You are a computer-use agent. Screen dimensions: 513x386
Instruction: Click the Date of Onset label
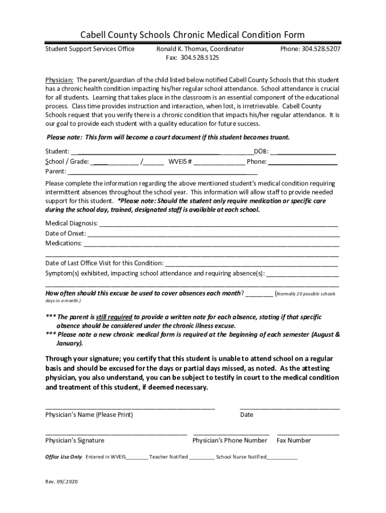(65, 233)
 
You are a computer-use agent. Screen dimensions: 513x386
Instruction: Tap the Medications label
(64, 243)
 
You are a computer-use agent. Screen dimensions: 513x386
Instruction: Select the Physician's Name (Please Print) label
(89, 415)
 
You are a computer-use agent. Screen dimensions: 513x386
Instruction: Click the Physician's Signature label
(75, 440)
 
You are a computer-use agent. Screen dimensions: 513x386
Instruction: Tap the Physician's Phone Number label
(230, 440)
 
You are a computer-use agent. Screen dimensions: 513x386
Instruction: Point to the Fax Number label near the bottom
(294, 440)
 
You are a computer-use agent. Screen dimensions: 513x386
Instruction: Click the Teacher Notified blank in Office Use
(202, 457)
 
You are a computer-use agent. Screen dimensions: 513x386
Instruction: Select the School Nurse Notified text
(241, 457)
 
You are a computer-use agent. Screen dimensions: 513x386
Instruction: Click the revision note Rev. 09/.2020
(62, 482)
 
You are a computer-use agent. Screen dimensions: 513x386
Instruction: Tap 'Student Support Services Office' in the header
(90, 49)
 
